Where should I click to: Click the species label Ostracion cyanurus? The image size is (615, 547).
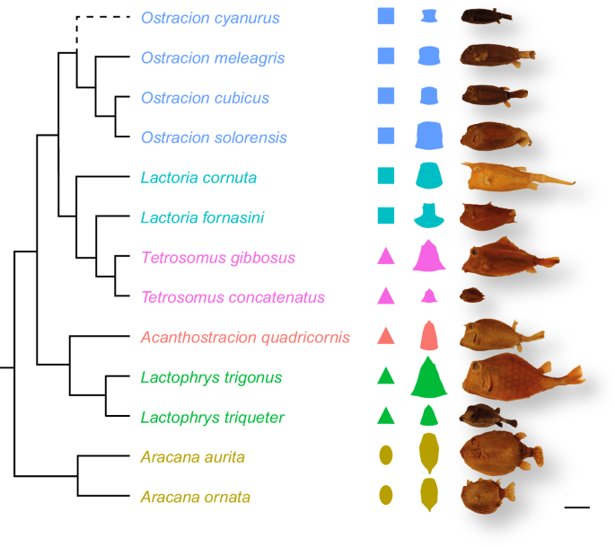click(210, 18)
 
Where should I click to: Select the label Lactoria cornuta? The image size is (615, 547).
click(198, 177)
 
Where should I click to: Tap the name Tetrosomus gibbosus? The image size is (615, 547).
click(218, 258)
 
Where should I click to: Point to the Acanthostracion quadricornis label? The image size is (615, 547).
click(245, 338)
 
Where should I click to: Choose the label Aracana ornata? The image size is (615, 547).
click(195, 497)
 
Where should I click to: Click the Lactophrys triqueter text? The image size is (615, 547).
click(213, 417)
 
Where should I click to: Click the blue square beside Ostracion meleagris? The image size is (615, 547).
click(386, 56)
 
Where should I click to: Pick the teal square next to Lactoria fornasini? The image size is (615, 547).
click(386, 216)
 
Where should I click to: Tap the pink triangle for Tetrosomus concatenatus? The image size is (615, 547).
click(386, 296)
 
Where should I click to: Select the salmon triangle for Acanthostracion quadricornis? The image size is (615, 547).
click(386, 336)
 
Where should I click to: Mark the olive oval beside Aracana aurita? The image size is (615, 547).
click(386, 455)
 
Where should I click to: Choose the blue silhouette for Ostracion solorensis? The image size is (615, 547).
click(430, 136)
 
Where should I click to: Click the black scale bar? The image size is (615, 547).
click(577, 507)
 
